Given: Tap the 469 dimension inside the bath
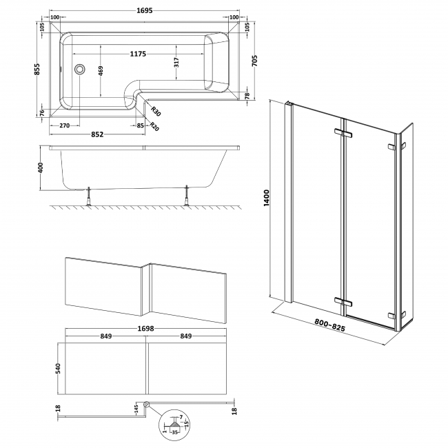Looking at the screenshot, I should click(x=101, y=71).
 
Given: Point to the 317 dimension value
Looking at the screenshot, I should click(x=176, y=63).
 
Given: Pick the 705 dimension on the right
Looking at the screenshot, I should click(x=256, y=63).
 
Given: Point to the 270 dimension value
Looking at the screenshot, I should click(x=64, y=125).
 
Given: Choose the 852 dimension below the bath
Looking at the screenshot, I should click(x=97, y=134).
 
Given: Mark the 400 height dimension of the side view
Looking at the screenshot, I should click(x=41, y=167).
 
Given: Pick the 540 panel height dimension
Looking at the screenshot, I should click(x=59, y=369).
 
